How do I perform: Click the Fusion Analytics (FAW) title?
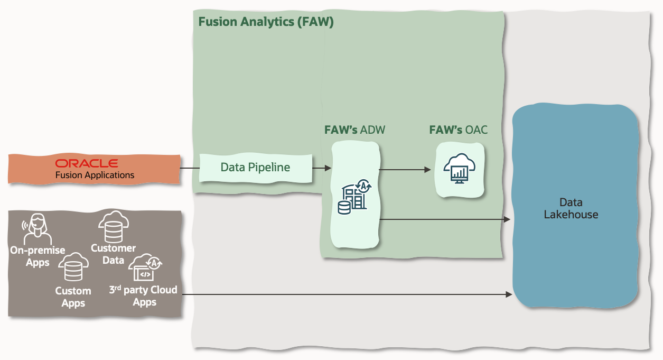tap(266, 22)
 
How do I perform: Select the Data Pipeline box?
tap(255, 168)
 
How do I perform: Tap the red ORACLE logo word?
tap(87, 163)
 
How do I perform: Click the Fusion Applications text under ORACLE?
tap(95, 175)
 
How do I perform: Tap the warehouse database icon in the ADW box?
tap(353, 197)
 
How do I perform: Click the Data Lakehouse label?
tap(571, 208)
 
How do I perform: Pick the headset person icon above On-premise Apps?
tap(36, 228)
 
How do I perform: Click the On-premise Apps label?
tap(38, 256)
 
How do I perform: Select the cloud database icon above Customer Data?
tap(113, 226)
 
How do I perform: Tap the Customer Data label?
tap(113, 254)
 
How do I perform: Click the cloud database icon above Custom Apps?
tap(73, 268)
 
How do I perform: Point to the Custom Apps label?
tap(73, 297)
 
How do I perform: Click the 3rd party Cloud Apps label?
tap(143, 296)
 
